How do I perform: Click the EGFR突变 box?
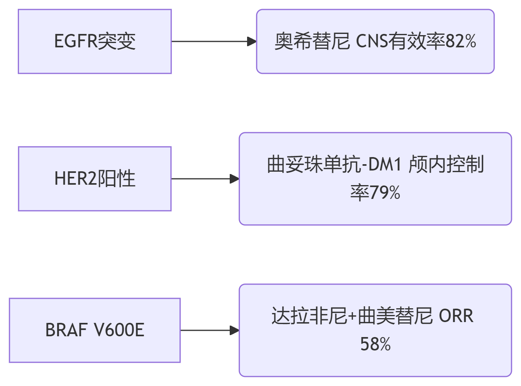95,41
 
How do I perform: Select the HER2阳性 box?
95,179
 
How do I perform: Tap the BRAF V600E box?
95,330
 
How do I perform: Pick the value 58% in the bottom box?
375,344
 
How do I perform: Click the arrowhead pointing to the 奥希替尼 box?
251,41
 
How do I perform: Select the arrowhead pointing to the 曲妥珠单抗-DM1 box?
234,179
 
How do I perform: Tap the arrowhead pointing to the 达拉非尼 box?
234,330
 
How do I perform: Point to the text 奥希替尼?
312,41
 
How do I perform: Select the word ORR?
456,316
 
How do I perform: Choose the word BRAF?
66,330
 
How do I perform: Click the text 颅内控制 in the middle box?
446,165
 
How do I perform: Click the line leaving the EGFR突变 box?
209,41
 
